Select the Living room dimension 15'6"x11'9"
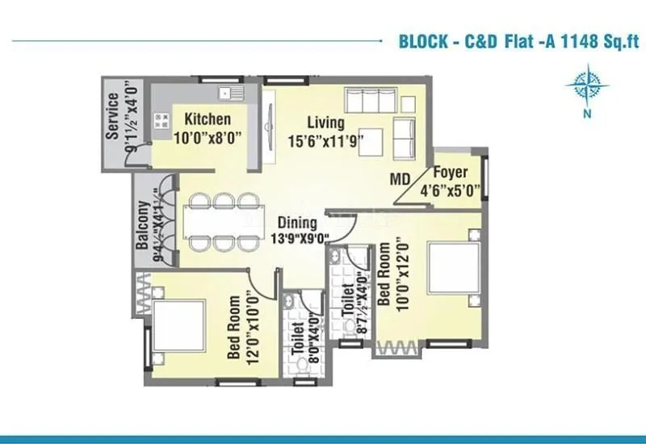click(325, 140)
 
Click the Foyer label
click(451, 174)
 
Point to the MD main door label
click(401, 178)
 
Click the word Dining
click(298, 222)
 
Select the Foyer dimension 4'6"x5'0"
click(451, 191)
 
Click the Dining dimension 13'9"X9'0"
click(300, 238)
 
